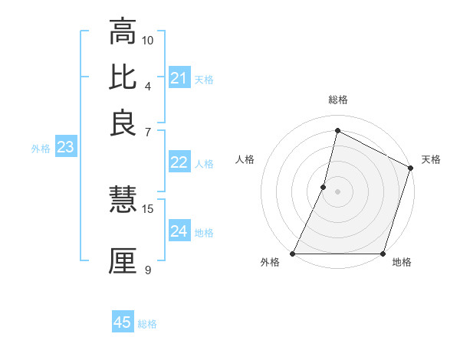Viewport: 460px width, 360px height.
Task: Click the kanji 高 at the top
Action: click(123, 33)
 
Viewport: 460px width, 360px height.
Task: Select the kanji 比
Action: click(123, 77)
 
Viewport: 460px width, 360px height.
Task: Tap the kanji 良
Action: click(123, 122)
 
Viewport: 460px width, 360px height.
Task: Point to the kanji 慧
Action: click(123, 201)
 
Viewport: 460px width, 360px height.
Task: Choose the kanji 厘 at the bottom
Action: click(123, 260)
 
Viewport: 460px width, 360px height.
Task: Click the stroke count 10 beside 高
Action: click(148, 40)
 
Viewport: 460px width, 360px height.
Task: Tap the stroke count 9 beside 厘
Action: click(148, 269)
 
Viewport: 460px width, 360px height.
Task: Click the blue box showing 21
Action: click(179, 78)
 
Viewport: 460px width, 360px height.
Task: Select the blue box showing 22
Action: click(179, 162)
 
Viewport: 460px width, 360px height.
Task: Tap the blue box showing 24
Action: click(179, 231)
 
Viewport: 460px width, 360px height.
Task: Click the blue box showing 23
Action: click(65, 148)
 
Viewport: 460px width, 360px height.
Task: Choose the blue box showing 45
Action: click(123, 322)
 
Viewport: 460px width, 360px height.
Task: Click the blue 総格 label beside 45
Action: click(147, 324)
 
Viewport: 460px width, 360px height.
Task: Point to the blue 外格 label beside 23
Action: click(41, 149)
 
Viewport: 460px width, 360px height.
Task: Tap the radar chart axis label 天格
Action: click(431, 159)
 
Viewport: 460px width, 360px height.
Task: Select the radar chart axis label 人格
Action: click(245, 159)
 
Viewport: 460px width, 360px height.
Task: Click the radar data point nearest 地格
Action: click(383, 254)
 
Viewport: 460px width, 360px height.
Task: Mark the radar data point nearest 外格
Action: click(293, 254)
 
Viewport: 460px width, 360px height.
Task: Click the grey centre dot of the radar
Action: click(337, 191)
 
